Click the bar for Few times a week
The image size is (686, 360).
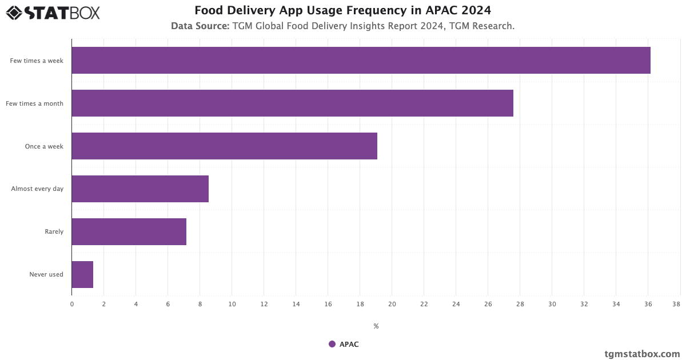pos(361,61)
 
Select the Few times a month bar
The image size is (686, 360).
pos(292,103)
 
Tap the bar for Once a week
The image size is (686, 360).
pos(224,146)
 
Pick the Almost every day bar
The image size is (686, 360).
pos(140,189)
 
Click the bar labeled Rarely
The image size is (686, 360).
pos(129,232)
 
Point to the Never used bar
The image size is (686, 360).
pos(82,275)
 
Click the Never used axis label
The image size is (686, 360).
pos(46,275)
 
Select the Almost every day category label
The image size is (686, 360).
pos(37,189)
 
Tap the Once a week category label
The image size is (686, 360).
pos(44,146)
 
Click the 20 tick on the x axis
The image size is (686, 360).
pos(392,305)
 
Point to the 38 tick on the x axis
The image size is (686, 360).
pos(676,305)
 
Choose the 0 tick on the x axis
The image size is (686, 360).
pos(72,305)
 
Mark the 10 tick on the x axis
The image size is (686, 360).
pos(232,305)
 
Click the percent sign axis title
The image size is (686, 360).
pos(376,326)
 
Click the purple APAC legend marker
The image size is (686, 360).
pos(332,344)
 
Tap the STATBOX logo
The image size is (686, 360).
pos(53,12)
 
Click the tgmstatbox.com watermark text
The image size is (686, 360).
pos(642,354)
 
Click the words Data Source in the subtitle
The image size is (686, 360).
pos(200,26)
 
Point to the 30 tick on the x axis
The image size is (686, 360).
pos(552,305)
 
